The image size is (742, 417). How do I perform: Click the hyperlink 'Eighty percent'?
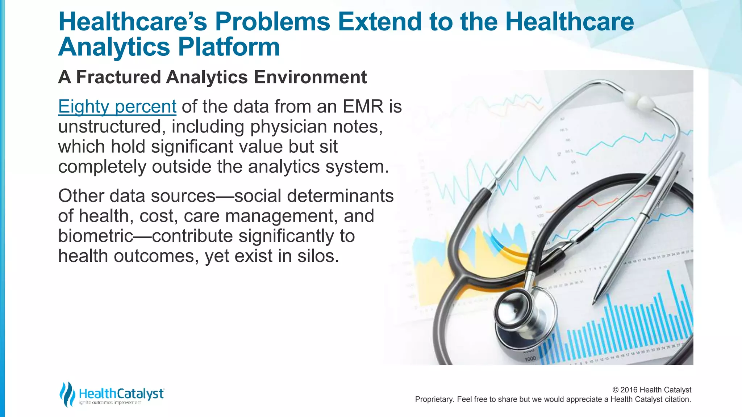click(x=117, y=107)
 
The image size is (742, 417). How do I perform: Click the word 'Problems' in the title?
click(x=272, y=22)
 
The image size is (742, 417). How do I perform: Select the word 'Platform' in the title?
click(x=229, y=47)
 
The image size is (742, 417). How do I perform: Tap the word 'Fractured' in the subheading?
click(x=118, y=77)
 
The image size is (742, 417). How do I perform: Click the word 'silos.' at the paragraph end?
click(x=318, y=256)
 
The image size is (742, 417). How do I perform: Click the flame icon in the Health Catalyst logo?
click(x=67, y=394)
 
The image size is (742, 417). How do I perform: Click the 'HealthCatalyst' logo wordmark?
click(x=121, y=393)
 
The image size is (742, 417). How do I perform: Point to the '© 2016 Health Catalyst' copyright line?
click(x=651, y=390)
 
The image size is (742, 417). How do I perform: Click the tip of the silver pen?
click(x=594, y=301)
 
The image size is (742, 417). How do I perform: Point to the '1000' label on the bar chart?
click(x=530, y=358)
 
